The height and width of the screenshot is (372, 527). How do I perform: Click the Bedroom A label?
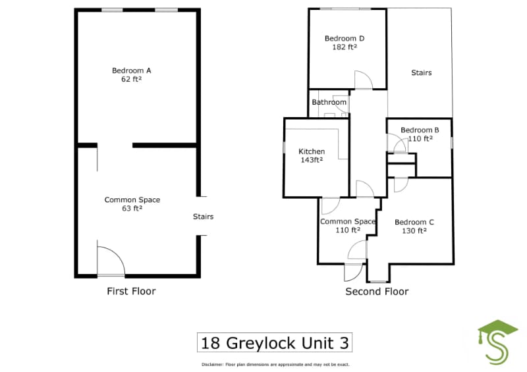point(132,70)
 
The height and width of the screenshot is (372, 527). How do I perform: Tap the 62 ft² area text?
point(132,80)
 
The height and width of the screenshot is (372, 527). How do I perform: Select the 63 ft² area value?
point(132,209)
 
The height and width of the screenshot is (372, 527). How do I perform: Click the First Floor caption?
point(131,291)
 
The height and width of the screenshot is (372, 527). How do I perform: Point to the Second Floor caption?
point(377,291)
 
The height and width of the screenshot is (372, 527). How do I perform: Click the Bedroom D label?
point(345,38)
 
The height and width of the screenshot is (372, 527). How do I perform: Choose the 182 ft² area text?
point(345,47)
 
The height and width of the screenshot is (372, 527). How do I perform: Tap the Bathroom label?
point(329,102)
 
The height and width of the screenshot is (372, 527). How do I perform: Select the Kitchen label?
point(312,151)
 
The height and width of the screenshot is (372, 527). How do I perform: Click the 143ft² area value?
point(312,160)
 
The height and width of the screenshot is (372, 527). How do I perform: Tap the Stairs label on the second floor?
point(421,72)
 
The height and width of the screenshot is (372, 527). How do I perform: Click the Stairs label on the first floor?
point(203,217)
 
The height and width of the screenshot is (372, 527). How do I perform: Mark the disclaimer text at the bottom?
point(275,364)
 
